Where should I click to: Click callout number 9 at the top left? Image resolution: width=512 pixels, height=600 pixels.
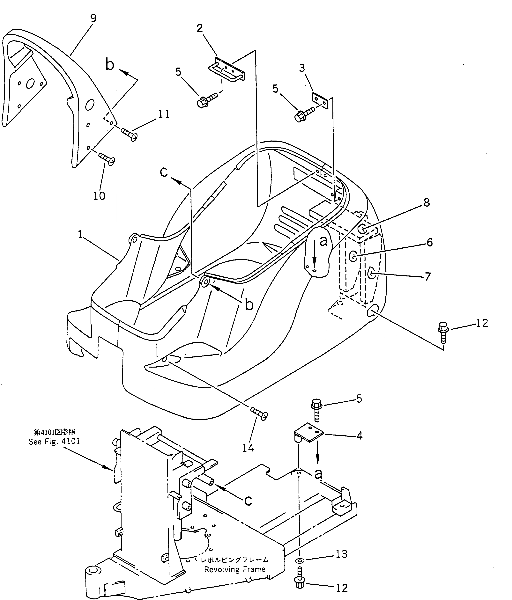coord(93,18)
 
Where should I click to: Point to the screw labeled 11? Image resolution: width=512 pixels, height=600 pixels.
coord(129,134)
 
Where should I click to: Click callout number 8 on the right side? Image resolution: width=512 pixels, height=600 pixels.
coord(427,203)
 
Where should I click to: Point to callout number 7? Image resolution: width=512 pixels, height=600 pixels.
coord(427,277)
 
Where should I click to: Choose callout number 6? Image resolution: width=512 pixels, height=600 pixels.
coord(429,242)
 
